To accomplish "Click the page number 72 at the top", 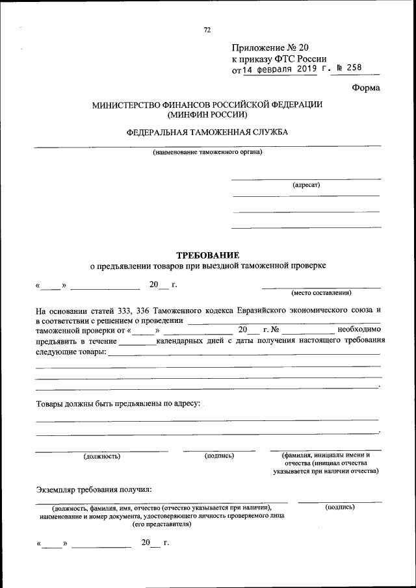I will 207,30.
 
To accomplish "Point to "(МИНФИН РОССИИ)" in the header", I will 207,115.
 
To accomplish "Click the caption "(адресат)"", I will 306,185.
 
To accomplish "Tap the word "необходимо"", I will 359,329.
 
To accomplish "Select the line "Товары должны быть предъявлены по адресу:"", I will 118,403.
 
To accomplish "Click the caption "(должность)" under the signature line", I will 101,456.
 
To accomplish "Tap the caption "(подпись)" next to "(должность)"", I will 219,456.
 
